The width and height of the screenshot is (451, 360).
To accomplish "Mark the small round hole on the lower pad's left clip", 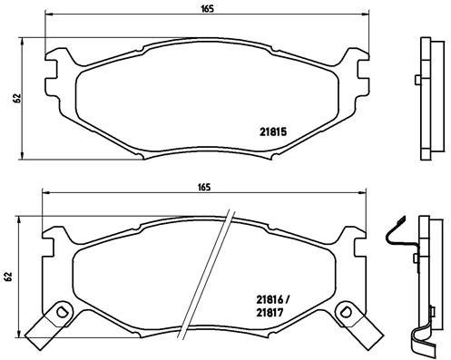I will (62, 313).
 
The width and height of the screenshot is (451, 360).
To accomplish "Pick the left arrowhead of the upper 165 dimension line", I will (48, 16).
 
